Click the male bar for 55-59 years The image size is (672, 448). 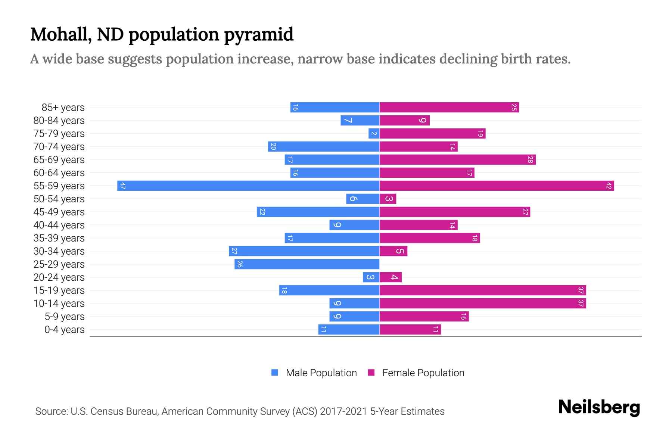click(x=248, y=186)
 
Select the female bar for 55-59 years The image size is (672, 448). click(x=497, y=186)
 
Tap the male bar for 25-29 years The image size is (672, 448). click(x=307, y=264)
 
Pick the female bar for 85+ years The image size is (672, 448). click(x=449, y=107)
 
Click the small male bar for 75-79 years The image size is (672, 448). click(x=374, y=133)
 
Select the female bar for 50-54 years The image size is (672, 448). click(x=388, y=199)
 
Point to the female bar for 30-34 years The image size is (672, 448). click(x=393, y=251)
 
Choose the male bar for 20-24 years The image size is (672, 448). click(x=371, y=277)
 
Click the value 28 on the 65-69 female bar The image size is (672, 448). click(x=530, y=160)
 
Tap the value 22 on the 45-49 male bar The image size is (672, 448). click(x=262, y=212)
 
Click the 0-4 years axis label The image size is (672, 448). click(x=64, y=330)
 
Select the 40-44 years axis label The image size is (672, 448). click(x=59, y=225)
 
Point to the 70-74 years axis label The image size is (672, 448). click(x=59, y=147)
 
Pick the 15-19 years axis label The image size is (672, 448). click(x=59, y=290)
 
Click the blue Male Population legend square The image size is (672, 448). click(x=275, y=373)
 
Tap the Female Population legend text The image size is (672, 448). click(x=423, y=373)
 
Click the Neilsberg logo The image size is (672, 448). click(x=599, y=407)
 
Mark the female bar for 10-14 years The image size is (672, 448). click(x=483, y=303)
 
